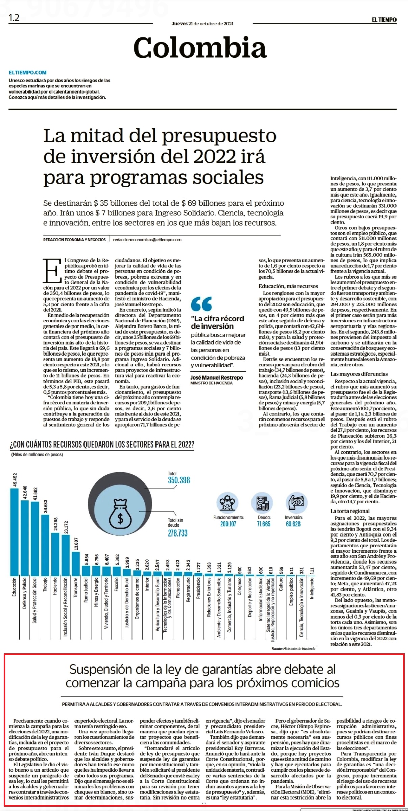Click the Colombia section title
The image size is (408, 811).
[200, 48]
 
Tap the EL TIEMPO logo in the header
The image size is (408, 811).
[384, 20]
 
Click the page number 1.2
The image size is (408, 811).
[14, 18]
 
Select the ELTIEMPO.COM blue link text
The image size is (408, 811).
[28, 72]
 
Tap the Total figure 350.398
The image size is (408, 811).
[179, 480]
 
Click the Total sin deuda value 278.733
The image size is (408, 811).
[177, 533]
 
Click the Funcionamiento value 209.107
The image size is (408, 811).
[229, 524]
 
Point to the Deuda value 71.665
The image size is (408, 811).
[264, 524]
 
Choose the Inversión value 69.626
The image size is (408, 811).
[293, 524]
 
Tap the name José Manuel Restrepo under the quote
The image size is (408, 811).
[217, 377]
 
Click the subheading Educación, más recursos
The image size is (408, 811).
[288, 286]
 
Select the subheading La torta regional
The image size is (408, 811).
[350, 511]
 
